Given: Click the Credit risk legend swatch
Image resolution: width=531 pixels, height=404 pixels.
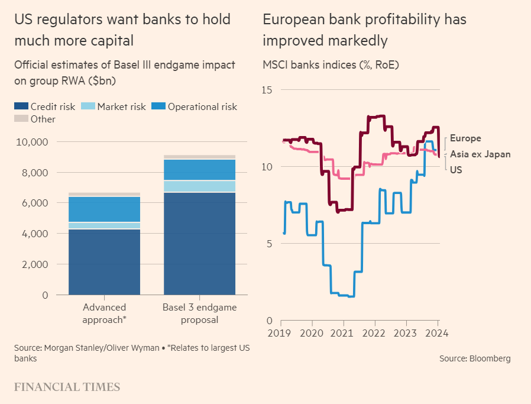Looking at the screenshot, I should (x=21, y=107).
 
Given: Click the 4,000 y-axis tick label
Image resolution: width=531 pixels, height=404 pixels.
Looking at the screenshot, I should (x=35, y=234).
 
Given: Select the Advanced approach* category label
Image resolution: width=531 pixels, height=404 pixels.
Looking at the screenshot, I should (x=105, y=313).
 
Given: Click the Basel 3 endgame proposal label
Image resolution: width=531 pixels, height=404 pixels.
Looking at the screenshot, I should (x=199, y=313).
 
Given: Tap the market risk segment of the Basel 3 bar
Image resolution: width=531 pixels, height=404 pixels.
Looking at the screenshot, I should (x=199, y=186).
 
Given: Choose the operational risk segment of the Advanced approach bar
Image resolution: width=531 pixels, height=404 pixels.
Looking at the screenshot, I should (x=105, y=209).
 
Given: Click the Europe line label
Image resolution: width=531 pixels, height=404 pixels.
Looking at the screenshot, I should (x=465, y=138).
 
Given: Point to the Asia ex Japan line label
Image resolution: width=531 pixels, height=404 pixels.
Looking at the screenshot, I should (x=480, y=154).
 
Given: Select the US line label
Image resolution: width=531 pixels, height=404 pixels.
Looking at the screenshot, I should (x=456, y=170).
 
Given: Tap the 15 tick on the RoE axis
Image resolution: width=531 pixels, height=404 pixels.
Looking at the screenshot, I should (x=268, y=90).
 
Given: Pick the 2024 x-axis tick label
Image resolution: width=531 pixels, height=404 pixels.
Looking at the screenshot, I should (x=437, y=333).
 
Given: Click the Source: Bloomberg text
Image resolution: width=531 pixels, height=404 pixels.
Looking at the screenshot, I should (x=474, y=358).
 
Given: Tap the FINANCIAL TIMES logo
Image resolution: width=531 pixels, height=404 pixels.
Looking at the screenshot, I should (x=67, y=387).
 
